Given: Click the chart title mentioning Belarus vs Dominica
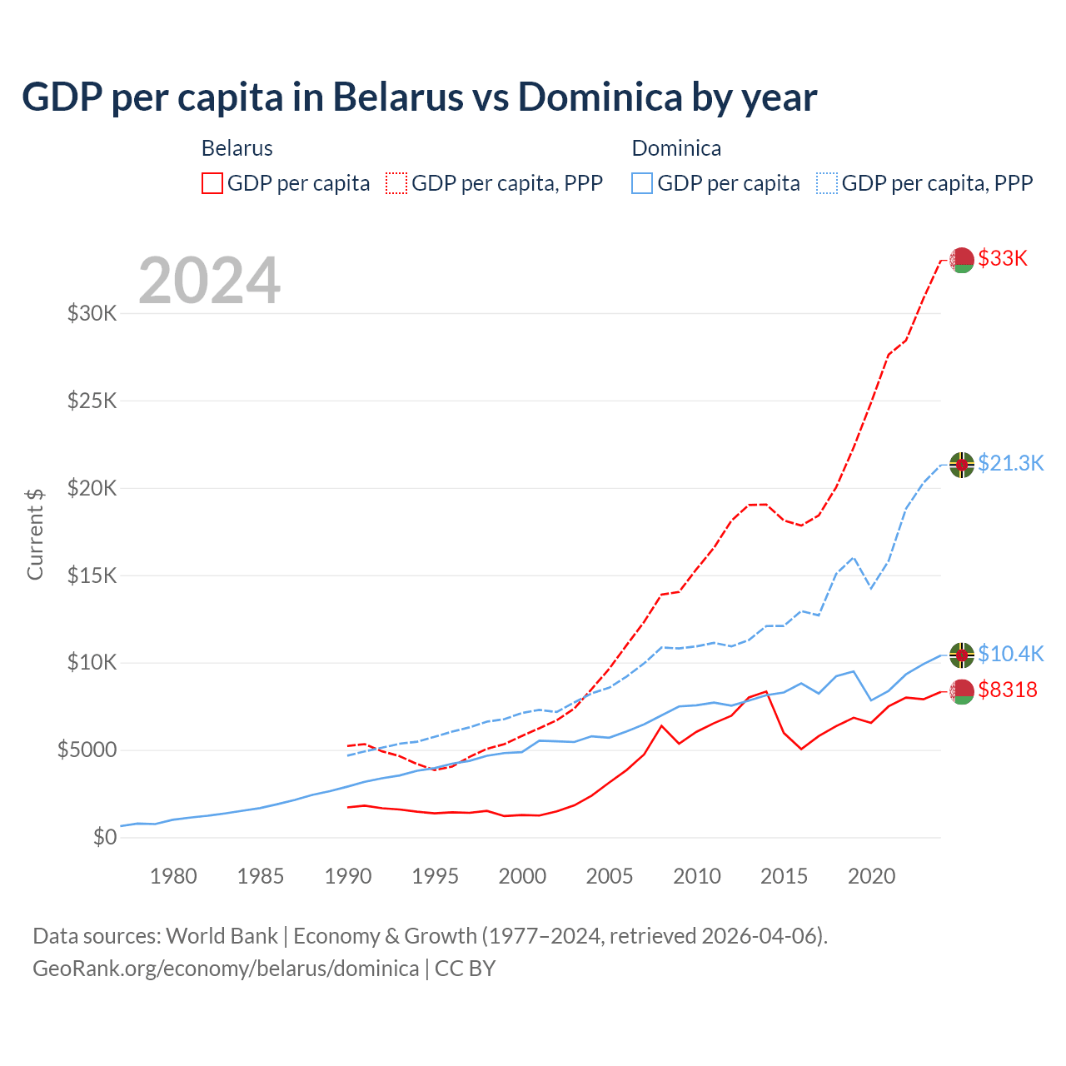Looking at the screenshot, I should coord(419,97).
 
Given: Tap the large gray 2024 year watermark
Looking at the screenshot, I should coord(209,281).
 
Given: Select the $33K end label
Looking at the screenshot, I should coord(1003,259).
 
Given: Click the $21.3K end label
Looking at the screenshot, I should coord(1010,464).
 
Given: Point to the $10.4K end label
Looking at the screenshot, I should coord(1010,655).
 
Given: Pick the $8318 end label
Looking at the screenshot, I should coord(1008,690).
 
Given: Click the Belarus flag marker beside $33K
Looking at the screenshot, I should coord(962,260).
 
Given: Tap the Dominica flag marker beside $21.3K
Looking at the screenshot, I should coord(962,465).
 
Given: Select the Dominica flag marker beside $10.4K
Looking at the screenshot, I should coord(962,655).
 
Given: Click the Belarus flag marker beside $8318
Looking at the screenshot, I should coord(962,691).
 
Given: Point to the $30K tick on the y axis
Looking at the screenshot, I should coord(92,314).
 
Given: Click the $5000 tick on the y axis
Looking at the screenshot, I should coord(87,750).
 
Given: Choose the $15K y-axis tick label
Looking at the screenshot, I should coord(92,575).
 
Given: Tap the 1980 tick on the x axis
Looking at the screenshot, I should coord(173,876).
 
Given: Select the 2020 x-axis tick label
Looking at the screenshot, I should coord(871,876).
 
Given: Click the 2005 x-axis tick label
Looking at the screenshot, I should coord(610,876).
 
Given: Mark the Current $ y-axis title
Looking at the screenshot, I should coord(35,534).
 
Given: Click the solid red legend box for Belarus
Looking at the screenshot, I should coord(212,183).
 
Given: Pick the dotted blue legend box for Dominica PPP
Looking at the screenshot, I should coord(827,183).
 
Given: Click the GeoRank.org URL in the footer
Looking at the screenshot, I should coord(226,969).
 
